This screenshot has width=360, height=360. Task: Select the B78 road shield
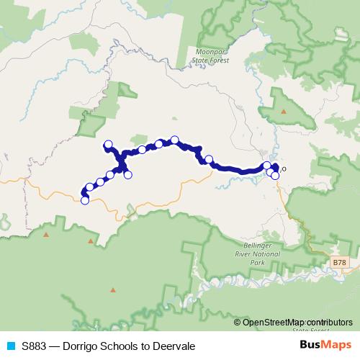pyautogui.click(x=340, y=264)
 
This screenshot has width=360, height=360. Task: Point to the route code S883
pyautogui.click(x=35, y=346)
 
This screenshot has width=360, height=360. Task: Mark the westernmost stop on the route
pyautogui.click(x=84, y=201)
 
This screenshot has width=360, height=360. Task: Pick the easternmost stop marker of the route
pyautogui.click(x=275, y=175)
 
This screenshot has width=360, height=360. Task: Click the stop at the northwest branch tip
pyautogui.click(x=109, y=144)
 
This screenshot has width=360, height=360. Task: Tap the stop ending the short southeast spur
pyautogui.click(x=128, y=174)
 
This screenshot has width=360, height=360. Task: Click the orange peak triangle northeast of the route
pyautogui.click(x=283, y=112)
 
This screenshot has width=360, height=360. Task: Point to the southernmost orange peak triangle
pyautogui.click(x=112, y=290)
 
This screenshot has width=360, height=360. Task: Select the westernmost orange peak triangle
pyautogui.click(x=47, y=235)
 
